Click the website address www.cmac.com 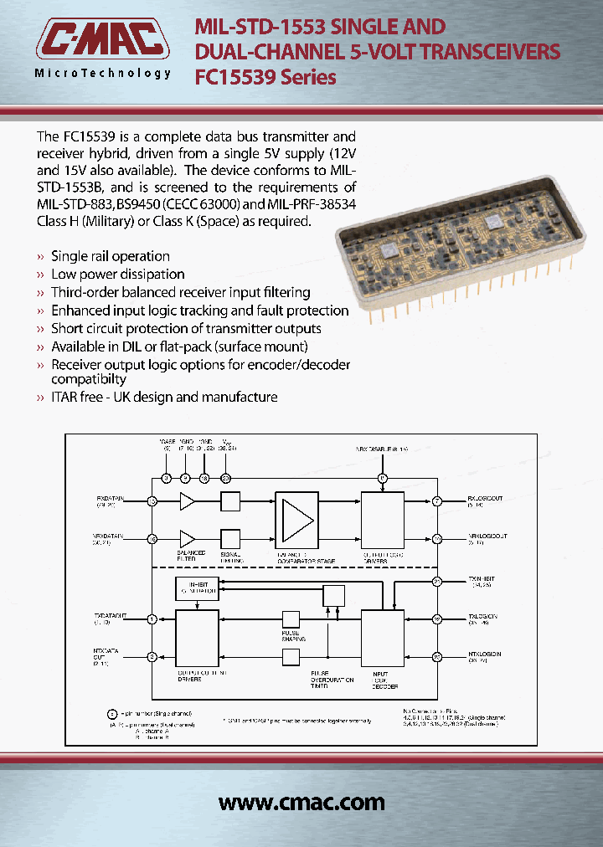pos(301,802)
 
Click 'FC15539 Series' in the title pos(265,78)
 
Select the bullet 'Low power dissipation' pos(117,274)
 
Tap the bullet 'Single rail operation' pos(110,256)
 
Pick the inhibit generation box pos(196,588)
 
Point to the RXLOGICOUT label pos(485,501)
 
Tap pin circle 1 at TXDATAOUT pos(152,619)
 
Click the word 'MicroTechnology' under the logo pos(103,73)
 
